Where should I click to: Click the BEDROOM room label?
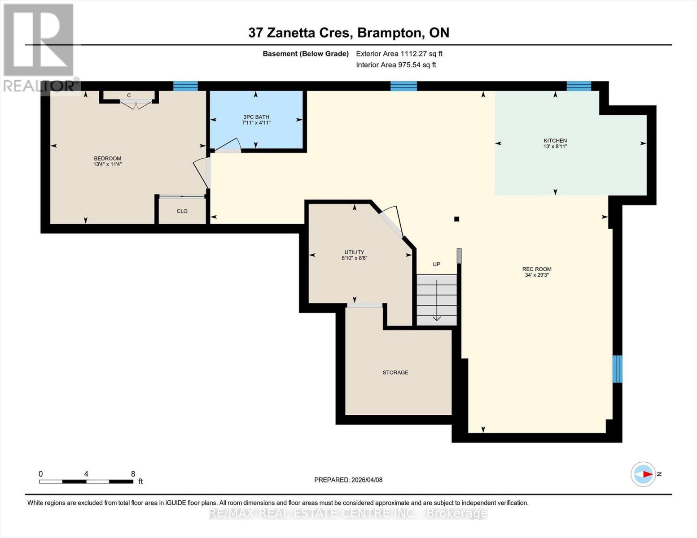(107, 158)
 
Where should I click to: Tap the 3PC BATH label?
(256, 117)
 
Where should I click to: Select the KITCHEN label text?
(555, 141)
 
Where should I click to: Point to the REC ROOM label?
(537, 269)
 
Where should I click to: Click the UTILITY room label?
(354, 252)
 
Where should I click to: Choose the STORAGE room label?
(395, 373)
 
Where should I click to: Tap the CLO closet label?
(182, 211)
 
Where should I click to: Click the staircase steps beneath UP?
(436, 299)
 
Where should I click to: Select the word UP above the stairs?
(436, 265)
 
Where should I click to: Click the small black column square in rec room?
(456, 219)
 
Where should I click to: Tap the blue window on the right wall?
(618, 369)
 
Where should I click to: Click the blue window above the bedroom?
(185, 86)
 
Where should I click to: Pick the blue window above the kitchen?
(579, 86)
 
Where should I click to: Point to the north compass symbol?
(643, 474)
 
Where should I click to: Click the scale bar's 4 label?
(86, 474)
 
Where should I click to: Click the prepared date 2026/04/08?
(366, 480)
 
